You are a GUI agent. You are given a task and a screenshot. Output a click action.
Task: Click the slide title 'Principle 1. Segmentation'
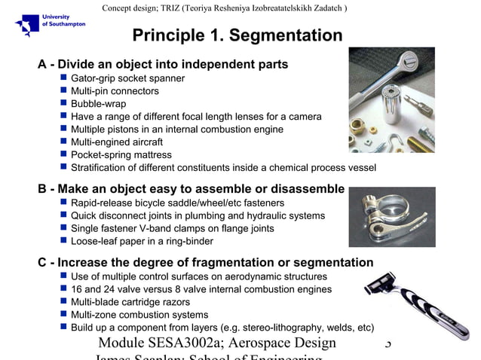point(237,35)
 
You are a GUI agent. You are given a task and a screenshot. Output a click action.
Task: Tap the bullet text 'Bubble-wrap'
point(98,104)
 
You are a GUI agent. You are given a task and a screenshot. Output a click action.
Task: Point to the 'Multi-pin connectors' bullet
point(115,91)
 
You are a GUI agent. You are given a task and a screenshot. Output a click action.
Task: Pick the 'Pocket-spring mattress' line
point(121,155)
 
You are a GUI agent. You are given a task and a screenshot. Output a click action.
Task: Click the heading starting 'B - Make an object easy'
point(191,189)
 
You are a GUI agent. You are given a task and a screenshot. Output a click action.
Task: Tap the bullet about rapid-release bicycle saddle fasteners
point(177,203)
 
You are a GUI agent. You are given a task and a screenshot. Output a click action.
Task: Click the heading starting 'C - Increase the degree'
point(206,263)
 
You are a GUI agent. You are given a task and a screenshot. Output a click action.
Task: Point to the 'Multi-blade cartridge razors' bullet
point(130,302)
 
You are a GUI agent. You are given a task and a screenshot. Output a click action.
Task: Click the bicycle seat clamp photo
point(391,217)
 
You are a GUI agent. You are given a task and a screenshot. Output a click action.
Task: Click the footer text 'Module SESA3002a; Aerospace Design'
point(217,343)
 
